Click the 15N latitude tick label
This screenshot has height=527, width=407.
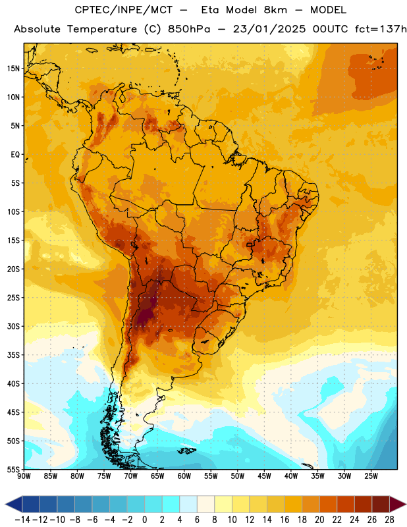click(13, 69)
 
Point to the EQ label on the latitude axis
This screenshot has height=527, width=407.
click(15, 155)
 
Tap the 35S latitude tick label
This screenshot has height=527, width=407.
click(13, 355)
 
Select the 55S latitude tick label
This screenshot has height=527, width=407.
click(13, 470)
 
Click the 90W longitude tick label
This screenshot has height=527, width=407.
click(24, 476)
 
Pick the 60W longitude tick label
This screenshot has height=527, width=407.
click(184, 476)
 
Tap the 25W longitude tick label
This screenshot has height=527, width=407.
click(371, 476)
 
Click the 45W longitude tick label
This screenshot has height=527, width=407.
click(264, 476)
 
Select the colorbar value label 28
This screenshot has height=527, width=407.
click(389, 520)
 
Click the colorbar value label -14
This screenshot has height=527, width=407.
click(22, 520)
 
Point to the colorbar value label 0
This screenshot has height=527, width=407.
click(144, 520)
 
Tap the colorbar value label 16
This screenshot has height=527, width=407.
click(285, 520)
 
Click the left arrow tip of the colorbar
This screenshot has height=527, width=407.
click(5, 504)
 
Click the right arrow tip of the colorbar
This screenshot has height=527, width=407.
click(406, 504)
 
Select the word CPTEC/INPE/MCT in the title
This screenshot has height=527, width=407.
click(123, 10)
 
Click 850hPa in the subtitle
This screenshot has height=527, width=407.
click(189, 29)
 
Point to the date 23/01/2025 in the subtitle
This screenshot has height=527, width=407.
click(269, 29)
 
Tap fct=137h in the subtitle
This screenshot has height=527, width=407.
click(381, 29)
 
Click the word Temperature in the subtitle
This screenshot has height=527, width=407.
click(102, 29)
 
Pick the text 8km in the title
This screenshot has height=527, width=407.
click(276, 10)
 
